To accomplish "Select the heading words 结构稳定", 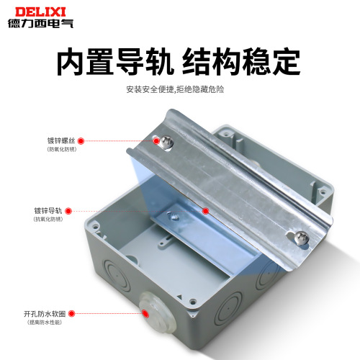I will (x=248, y=63).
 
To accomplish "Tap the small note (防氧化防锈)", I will (x=61, y=150).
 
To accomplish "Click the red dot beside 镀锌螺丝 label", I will (x=81, y=141).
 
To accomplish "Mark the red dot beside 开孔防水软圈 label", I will (x=76, y=315).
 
